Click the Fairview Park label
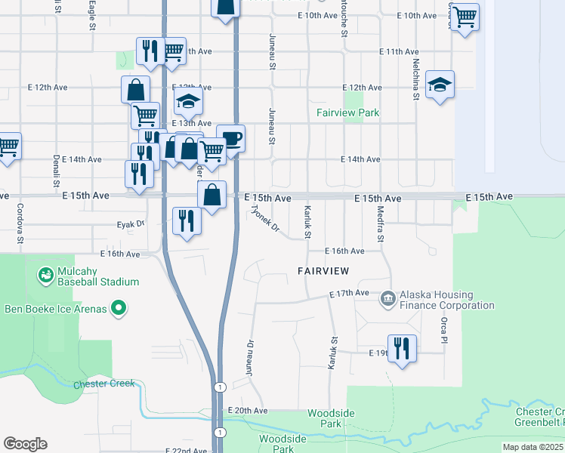click(x=348, y=113)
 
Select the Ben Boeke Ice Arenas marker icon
click(x=118, y=307)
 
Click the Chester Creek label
click(x=104, y=384)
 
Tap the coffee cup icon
click(x=231, y=138)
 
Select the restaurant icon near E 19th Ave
click(x=402, y=348)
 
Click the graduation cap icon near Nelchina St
click(x=440, y=85)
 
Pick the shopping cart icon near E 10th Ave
click(x=465, y=15)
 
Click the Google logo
click(x=25, y=444)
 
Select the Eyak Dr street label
click(x=130, y=224)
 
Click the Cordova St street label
click(x=20, y=219)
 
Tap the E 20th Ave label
click(x=248, y=411)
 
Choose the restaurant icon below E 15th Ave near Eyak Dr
click(x=186, y=220)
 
